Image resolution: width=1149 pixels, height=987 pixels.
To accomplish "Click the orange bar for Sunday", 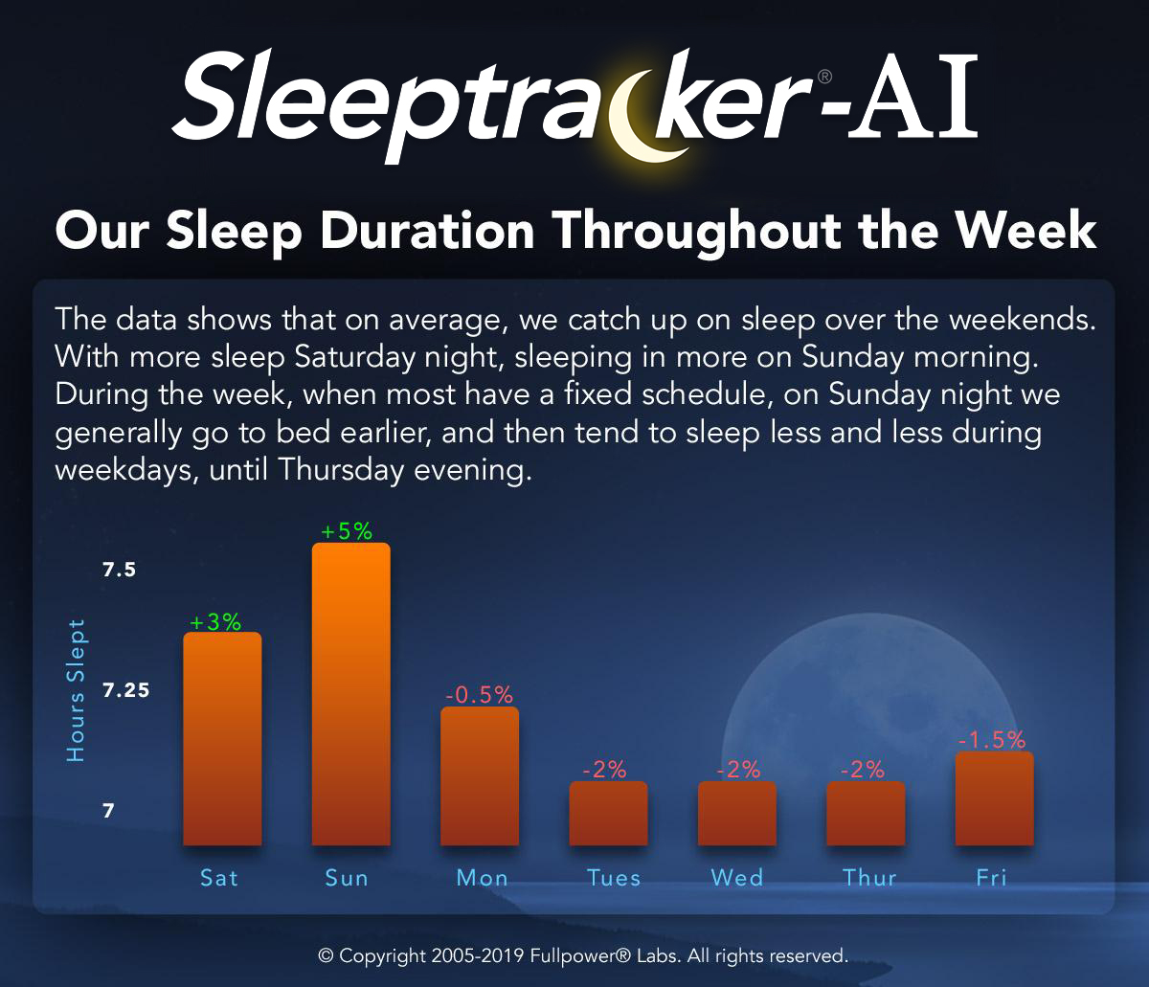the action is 350,694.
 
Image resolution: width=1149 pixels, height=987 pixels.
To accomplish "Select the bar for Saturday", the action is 222,739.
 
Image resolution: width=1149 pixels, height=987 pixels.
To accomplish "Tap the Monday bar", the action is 480,775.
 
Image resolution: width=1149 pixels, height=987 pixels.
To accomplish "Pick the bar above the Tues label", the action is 608,813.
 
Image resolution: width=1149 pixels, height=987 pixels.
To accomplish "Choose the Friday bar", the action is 995,798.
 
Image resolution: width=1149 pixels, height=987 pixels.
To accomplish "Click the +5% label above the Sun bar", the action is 347,531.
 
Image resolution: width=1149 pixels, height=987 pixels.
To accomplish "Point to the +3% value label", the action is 215,622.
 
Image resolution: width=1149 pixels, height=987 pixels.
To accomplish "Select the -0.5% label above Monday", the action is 479,695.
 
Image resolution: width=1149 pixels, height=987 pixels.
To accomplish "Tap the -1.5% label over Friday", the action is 992,740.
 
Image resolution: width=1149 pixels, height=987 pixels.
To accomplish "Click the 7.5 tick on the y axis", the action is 119,571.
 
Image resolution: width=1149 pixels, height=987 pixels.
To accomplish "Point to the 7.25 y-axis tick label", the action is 126,690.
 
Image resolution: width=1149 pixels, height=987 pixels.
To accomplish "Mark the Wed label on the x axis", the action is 737,878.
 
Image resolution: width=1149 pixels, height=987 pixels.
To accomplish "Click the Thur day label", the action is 869,878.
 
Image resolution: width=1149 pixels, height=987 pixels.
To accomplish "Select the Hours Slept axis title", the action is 76,690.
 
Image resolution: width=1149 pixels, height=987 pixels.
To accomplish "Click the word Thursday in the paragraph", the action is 341,470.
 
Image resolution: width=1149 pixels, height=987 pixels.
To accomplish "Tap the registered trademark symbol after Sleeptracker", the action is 825,77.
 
